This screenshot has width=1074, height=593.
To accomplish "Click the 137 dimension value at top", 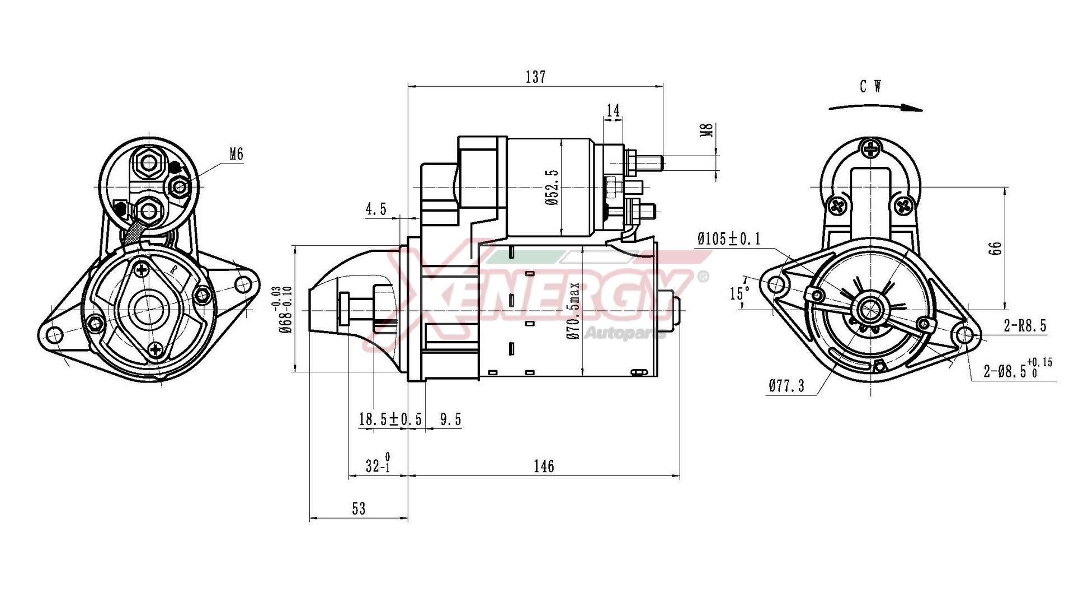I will [x=535, y=77].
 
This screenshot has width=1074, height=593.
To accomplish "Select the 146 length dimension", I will [x=543, y=466].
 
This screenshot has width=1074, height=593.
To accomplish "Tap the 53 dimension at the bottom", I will [x=359, y=508].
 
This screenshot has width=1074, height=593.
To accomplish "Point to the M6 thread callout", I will [x=237, y=154].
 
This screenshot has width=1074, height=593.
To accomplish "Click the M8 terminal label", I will [x=707, y=131].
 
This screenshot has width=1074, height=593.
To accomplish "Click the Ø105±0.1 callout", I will [x=729, y=239].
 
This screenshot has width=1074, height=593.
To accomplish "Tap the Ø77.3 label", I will [x=786, y=386].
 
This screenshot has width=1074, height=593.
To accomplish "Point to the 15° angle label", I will [x=739, y=293].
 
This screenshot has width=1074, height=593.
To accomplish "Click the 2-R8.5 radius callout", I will [x=1025, y=326].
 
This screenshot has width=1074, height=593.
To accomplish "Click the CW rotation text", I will [x=871, y=87].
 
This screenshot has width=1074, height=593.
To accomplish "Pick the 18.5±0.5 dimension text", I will [x=390, y=419].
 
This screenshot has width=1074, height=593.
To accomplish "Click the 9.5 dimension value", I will [x=450, y=419].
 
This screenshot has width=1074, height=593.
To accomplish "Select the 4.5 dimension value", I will [x=376, y=209].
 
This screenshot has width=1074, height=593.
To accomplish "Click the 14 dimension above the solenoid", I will [x=614, y=111].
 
